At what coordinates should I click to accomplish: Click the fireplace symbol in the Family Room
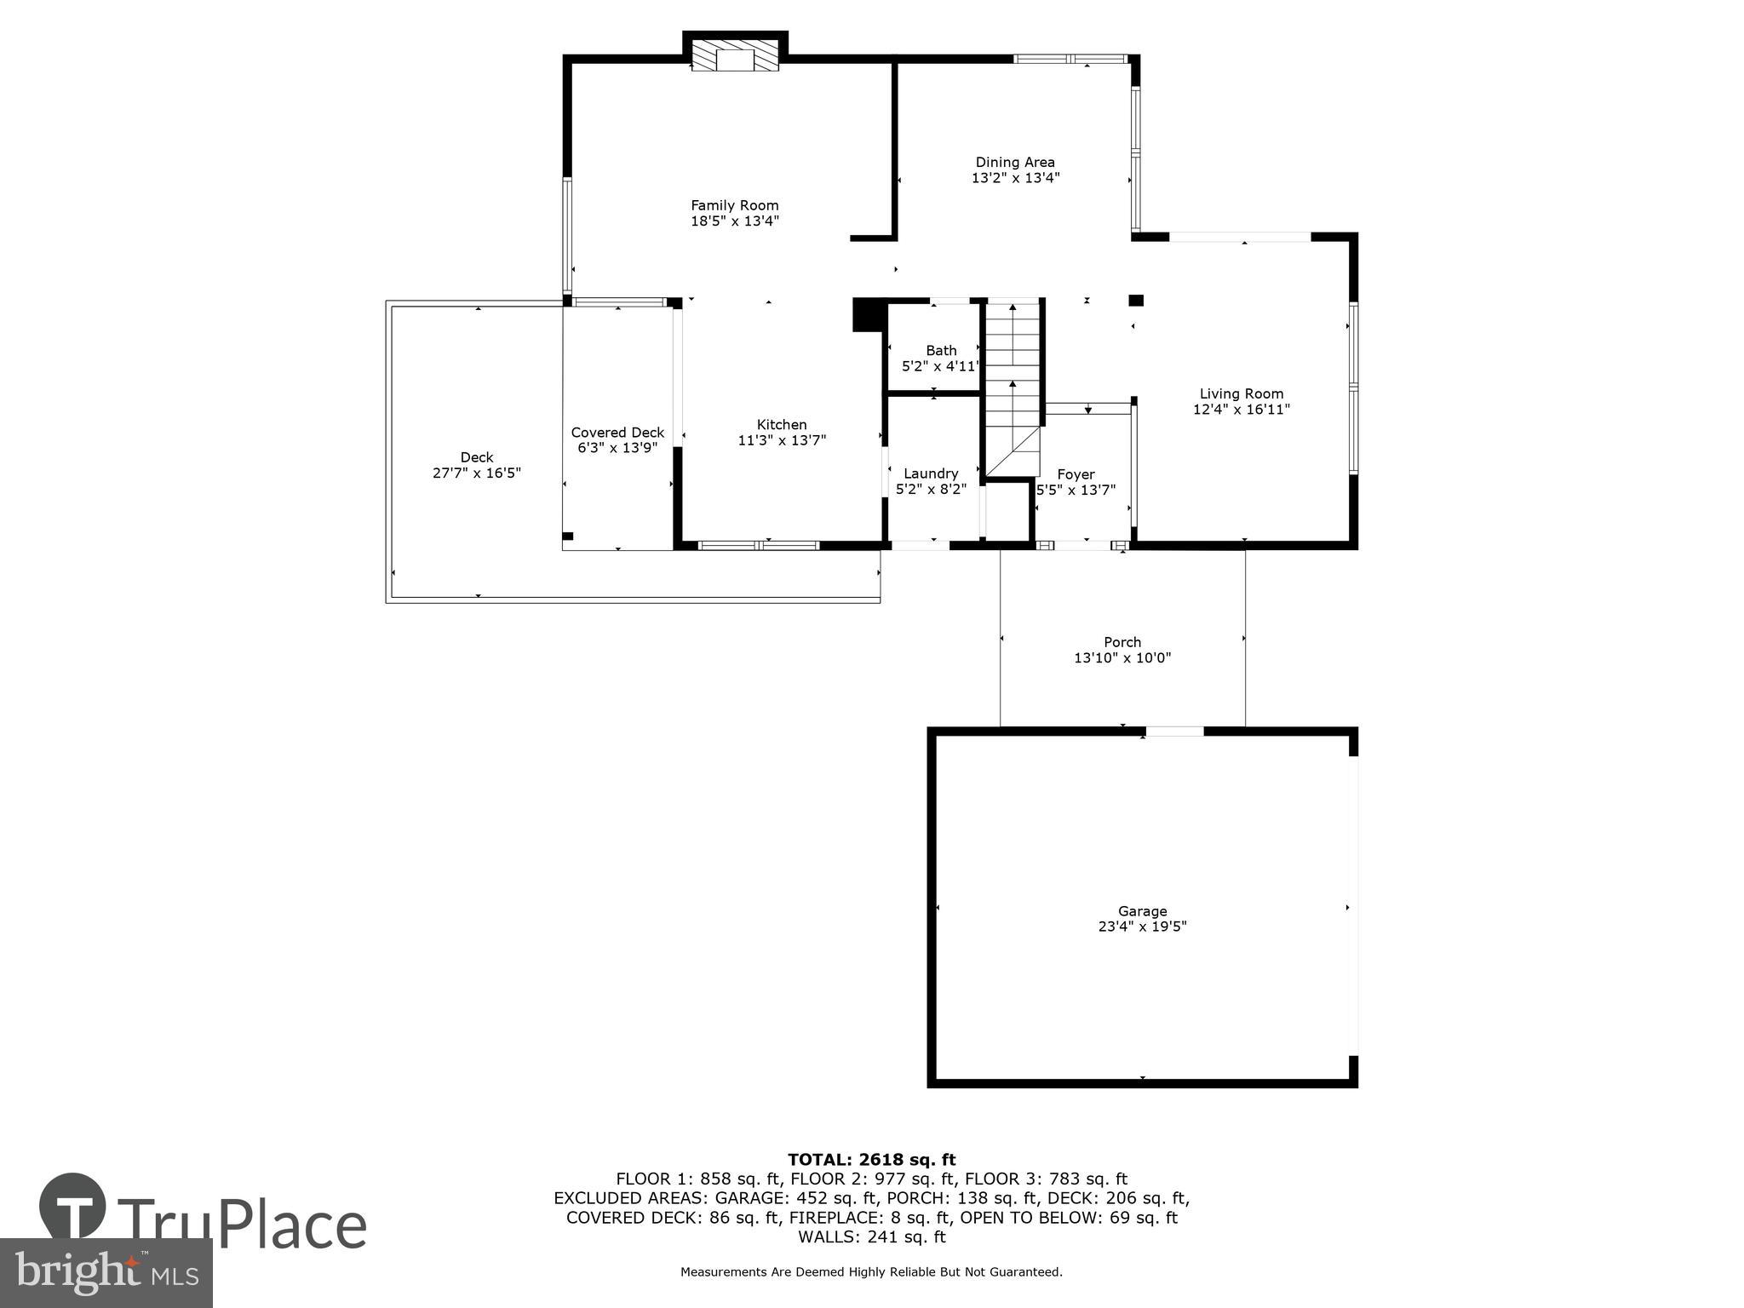pyautogui.click(x=734, y=56)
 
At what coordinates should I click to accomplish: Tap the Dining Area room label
pyautogui.click(x=1014, y=162)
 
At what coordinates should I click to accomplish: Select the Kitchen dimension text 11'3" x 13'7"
pyautogui.click(x=781, y=440)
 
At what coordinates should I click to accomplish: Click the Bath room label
pyautogui.click(x=941, y=350)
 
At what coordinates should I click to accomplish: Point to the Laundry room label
pyautogui.click(x=931, y=473)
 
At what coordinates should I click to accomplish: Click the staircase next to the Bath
pyautogui.click(x=1013, y=383)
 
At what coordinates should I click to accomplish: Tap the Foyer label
pyautogui.click(x=1076, y=474)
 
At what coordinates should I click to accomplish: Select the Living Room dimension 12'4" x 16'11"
pyautogui.click(x=1241, y=409)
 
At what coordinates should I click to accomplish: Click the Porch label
pyautogui.click(x=1122, y=642)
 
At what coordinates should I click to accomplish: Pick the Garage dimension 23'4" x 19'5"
pyautogui.click(x=1142, y=926)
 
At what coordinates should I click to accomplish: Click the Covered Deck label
pyautogui.click(x=617, y=433)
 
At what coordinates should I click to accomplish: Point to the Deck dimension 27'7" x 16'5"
pyautogui.click(x=476, y=473)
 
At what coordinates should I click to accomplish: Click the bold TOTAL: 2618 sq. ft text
pyautogui.click(x=871, y=1159)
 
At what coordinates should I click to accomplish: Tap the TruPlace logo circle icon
pyautogui.click(x=72, y=1206)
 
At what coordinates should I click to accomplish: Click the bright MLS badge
pyautogui.click(x=106, y=1272)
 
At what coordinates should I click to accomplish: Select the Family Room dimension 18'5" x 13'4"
pyautogui.click(x=734, y=221)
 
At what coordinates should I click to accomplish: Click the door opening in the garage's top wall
pyautogui.click(x=1174, y=731)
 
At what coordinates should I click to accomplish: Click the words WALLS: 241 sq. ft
pyautogui.click(x=871, y=1236)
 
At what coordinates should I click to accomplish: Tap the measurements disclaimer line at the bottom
pyautogui.click(x=871, y=1272)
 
